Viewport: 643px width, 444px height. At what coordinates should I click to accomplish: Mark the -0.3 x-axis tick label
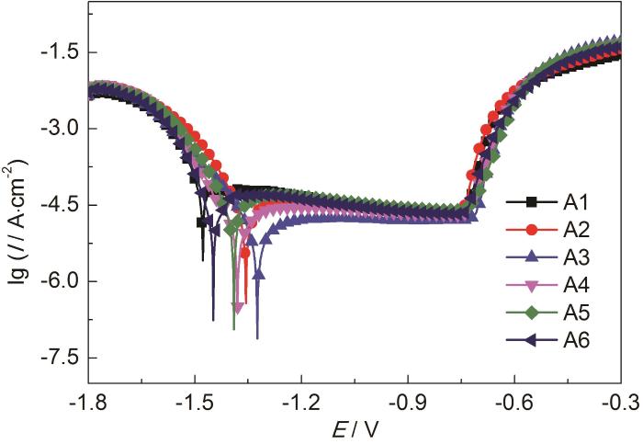[619, 402]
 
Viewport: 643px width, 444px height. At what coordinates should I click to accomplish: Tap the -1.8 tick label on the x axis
[88, 402]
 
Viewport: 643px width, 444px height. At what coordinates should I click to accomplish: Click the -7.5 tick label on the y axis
[57, 358]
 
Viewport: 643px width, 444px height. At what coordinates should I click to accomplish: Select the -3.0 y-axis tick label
[57, 129]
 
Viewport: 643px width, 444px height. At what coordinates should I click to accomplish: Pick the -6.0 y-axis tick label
[57, 281]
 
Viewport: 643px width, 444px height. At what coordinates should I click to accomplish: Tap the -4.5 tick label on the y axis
[57, 205]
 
